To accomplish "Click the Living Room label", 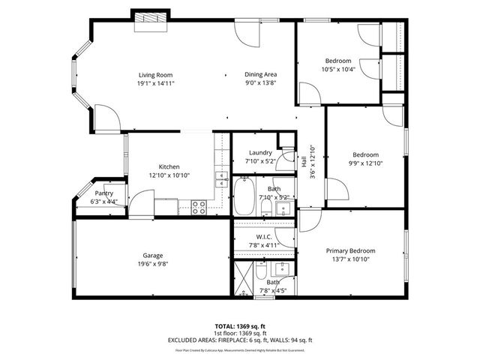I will click(x=155, y=75).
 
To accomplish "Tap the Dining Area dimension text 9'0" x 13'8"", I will click(x=261, y=84).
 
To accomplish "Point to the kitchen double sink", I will click(x=222, y=178).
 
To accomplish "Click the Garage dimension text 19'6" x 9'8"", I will click(x=153, y=264).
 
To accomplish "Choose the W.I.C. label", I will click(x=264, y=236).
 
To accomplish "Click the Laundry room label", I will click(x=261, y=152).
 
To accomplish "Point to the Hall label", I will click(x=304, y=161).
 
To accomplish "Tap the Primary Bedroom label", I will click(x=350, y=250).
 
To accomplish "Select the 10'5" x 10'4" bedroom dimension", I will click(x=338, y=69).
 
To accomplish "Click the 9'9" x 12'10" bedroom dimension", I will click(x=365, y=163).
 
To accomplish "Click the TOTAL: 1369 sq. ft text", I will click(x=240, y=326).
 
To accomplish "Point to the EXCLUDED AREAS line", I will click(x=240, y=340).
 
